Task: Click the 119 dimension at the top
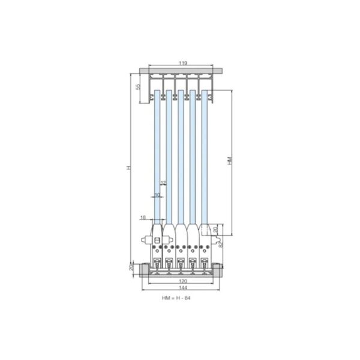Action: pos(182,63)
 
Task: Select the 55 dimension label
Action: pos(137,88)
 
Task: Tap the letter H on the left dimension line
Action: pos(128,167)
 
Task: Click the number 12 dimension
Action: pos(163,182)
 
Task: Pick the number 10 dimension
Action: pos(157,195)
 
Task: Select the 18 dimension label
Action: pos(143,217)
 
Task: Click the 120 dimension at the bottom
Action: pos(182,280)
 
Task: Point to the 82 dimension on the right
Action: pos(220,244)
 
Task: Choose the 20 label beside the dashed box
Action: pos(216,230)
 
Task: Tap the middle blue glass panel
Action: pos(181,156)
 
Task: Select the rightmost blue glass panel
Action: pos(204,156)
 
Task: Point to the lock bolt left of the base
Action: pos(146,241)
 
